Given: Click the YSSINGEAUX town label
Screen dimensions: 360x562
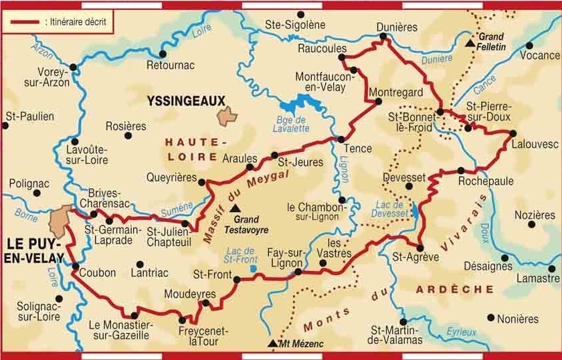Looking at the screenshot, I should click(x=185, y=100).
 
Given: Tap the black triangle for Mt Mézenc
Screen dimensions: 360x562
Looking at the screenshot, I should click(x=272, y=343).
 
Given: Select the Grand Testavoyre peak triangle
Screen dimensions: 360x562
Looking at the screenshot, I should click(x=234, y=208).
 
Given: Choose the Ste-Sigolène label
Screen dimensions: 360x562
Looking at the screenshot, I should click(x=295, y=25).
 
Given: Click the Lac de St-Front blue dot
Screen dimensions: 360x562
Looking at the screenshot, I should click(x=253, y=269).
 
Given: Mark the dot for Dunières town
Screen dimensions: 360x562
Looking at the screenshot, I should click(x=383, y=39).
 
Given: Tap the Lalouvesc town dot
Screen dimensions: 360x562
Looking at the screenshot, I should click(x=513, y=133).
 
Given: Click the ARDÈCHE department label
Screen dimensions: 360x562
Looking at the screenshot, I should click(x=455, y=289).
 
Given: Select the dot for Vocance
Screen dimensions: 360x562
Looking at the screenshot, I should click(x=530, y=46).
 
